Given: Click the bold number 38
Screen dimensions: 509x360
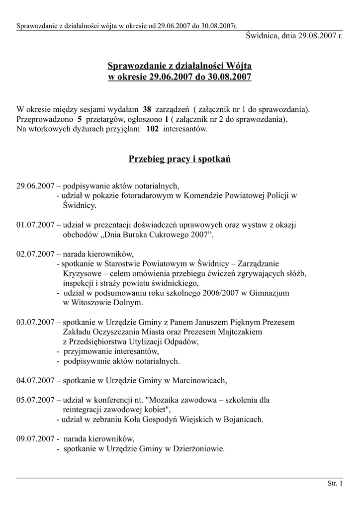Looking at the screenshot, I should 147,109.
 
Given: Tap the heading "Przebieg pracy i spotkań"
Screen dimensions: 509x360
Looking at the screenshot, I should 180,160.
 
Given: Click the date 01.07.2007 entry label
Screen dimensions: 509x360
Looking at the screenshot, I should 35,225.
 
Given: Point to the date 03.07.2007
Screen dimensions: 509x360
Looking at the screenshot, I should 35,322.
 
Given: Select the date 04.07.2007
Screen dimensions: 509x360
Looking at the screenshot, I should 35,381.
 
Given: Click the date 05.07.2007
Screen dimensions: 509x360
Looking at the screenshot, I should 35,400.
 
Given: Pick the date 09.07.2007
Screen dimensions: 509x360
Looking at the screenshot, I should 35,439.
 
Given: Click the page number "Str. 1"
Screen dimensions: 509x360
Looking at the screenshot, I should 335,483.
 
